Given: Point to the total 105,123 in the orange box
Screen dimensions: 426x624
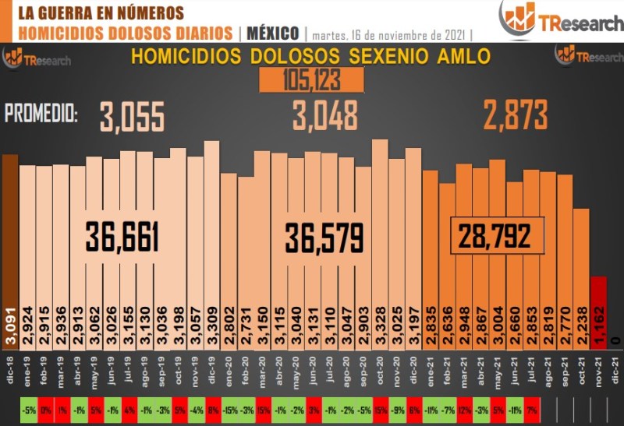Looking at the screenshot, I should (x=312, y=79).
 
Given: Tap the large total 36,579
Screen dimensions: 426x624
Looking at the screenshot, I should (x=324, y=237).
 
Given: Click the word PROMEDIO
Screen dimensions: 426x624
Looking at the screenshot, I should (x=41, y=114).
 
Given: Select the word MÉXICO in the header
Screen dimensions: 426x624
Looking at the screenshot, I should (x=273, y=33).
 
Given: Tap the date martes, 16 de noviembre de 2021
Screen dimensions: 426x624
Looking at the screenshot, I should (x=389, y=33).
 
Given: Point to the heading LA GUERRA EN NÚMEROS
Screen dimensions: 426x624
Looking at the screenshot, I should (x=101, y=12).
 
